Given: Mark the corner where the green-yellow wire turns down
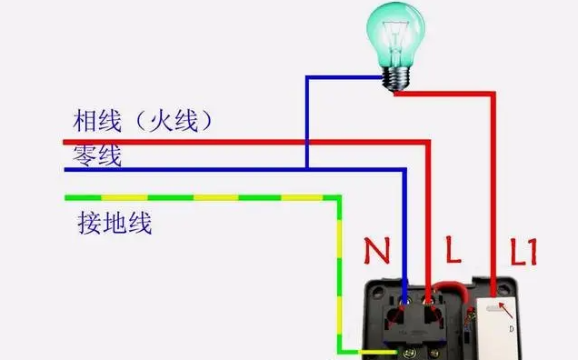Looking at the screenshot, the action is click(339, 197).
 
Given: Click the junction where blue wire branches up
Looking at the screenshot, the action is click(307, 169).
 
